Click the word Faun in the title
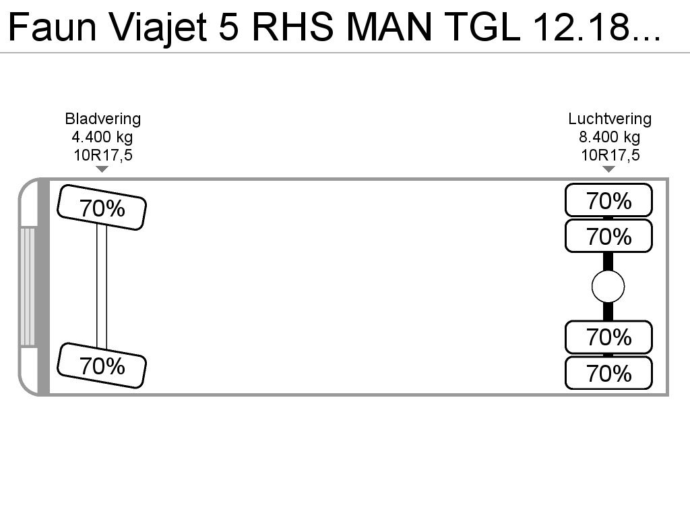click(52, 27)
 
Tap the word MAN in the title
click(389, 27)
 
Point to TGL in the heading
click(483, 27)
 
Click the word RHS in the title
click(292, 27)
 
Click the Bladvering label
click(103, 119)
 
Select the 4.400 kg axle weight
click(102, 137)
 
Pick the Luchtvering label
click(609, 119)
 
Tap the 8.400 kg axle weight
click(609, 137)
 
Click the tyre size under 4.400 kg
click(103, 155)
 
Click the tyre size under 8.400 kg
click(610, 155)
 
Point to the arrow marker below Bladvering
click(102, 169)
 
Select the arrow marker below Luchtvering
click(608, 169)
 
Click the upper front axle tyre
click(102, 208)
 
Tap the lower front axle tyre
click(102, 366)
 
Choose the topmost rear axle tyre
click(608, 200)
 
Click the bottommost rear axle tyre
click(608, 373)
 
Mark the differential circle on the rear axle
click(608, 286)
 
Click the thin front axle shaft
click(102, 286)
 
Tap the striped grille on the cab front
click(27, 286)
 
